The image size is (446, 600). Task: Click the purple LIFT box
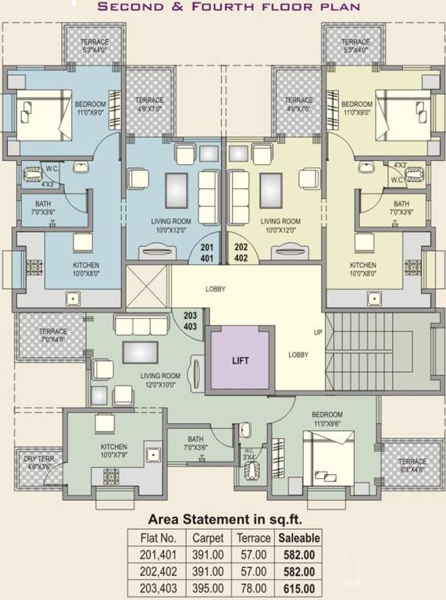[240, 361]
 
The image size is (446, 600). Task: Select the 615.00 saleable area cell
[298, 588]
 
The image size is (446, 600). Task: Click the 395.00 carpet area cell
[209, 588]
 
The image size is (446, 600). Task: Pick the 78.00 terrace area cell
[255, 588]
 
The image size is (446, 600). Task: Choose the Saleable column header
[298, 538]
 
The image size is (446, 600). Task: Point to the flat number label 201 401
[207, 252]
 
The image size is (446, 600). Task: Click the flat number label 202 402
[241, 252]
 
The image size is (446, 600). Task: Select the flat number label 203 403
[190, 320]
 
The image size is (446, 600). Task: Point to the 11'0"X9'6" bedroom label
[326, 423]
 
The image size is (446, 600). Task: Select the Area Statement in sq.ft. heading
[224, 519]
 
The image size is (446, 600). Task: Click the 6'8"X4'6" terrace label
[412, 470]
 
